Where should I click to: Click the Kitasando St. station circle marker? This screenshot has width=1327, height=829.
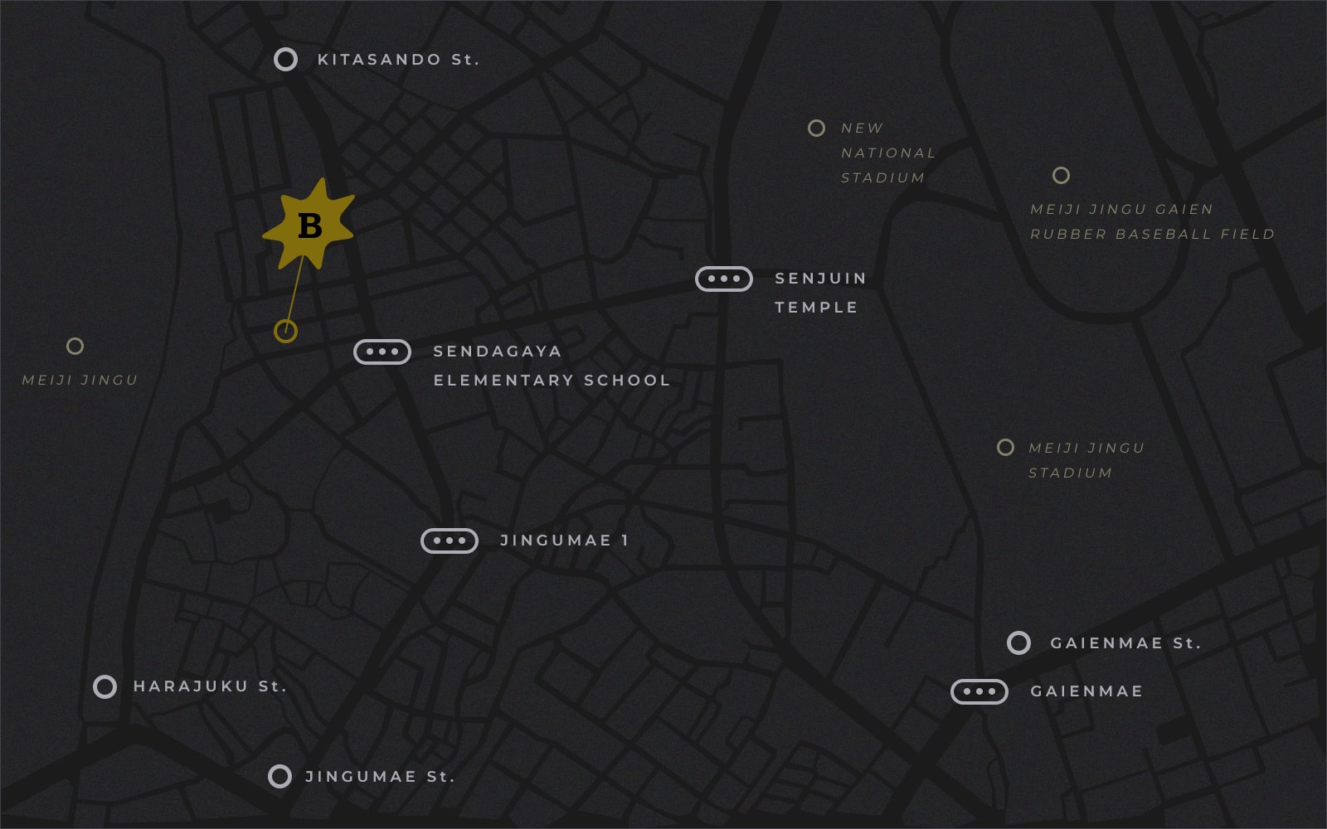(285, 59)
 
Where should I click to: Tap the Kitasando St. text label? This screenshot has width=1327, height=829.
(398, 60)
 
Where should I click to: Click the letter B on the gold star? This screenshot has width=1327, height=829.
(309, 225)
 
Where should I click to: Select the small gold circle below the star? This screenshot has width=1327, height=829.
(285, 332)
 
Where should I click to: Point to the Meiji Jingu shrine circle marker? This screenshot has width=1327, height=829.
(75, 346)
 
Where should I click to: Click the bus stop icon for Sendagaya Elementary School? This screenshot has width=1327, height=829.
(382, 351)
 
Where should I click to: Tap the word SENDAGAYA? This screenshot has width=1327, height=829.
(498, 351)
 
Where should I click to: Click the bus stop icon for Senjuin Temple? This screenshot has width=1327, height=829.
(724, 279)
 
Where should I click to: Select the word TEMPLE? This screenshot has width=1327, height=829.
(816, 308)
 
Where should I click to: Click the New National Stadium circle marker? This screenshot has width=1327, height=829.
(816, 128)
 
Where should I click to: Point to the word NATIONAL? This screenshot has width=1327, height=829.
(888, 153)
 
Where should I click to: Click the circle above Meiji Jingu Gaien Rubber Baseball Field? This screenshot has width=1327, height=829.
(1061, 175)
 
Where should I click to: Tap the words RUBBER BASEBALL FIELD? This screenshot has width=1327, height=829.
(1152, 235)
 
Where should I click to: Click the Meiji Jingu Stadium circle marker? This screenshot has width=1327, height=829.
(1005, 448)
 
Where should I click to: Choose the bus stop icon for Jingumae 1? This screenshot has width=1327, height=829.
(450, 541)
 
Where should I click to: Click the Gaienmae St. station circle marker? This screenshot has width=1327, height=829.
(1018, 642)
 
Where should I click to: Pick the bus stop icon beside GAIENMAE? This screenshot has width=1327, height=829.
(979, 691)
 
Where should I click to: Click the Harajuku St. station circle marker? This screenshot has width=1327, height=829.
(105, 686)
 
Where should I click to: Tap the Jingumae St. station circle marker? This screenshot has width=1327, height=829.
(279, 776)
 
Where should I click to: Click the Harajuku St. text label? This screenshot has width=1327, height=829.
(210, 686)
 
